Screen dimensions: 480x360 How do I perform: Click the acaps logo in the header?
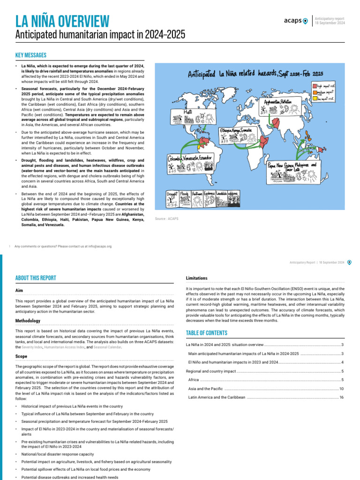coord(296,20)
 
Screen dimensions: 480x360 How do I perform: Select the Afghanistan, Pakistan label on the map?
coord(277,102)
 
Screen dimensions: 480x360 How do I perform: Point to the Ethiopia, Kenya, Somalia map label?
coord(236,130)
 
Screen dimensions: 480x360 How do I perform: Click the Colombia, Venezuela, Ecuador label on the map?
coord(190,158)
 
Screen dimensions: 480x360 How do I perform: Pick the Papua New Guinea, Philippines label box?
coord(292,167)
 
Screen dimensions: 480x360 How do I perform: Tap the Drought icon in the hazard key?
coord(172,199)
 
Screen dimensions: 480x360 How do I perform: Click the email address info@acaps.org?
coord(96,246)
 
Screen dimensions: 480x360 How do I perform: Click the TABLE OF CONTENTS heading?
coord(207,333)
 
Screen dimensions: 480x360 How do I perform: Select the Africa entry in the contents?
coord(194,380)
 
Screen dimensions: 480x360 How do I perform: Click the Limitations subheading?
coord(197,278)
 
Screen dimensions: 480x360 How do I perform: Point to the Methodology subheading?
coord(28,321)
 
